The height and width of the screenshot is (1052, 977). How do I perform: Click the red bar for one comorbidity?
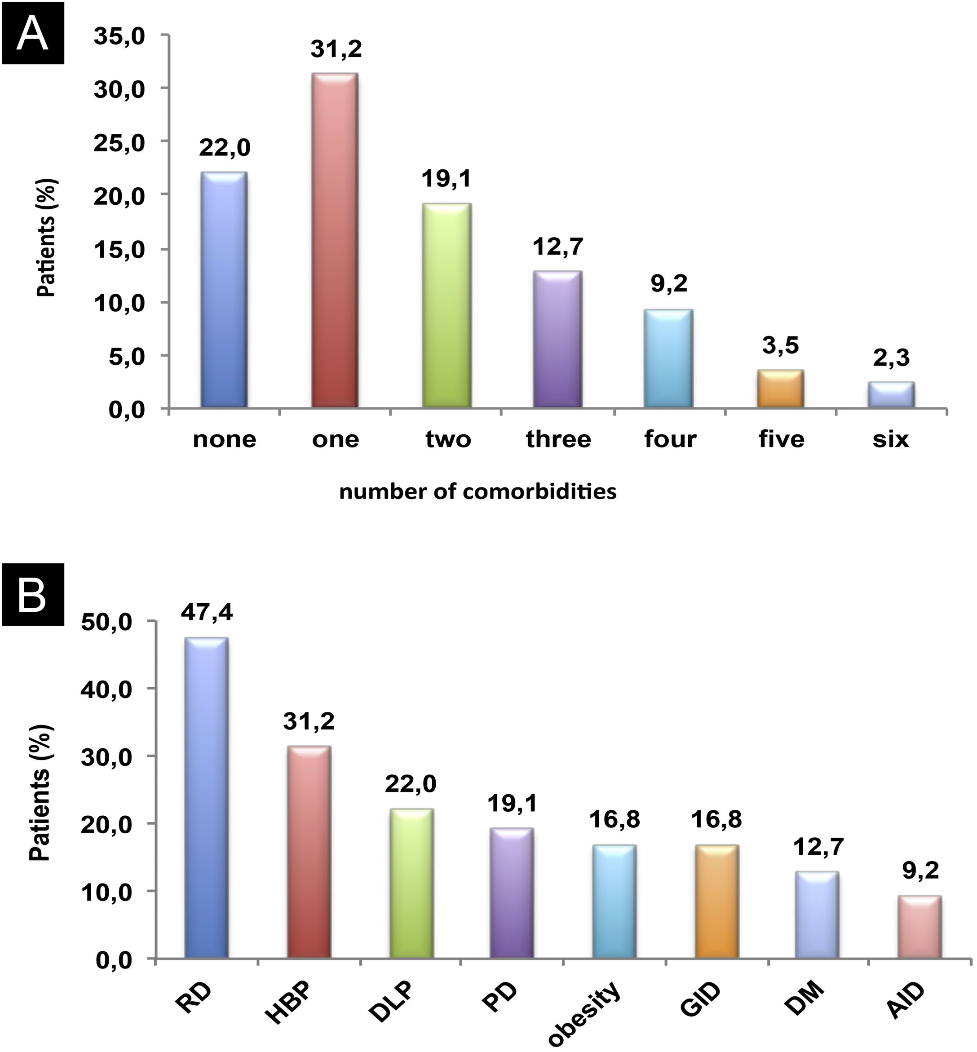pyautogui.click(x=335, y=240)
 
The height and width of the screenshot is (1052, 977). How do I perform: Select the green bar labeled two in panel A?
pyautogui.click(x=447, y=305)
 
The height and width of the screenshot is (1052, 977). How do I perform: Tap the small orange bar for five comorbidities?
pyautogui.click(x=780, y=389)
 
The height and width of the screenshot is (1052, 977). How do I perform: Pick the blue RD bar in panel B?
pyautogui.click(x=206, y=798)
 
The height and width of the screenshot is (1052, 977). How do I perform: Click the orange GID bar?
pyautogui.click(x=717, y=902)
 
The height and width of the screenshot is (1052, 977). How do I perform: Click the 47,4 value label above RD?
pyautogui.click(x=207, y=613)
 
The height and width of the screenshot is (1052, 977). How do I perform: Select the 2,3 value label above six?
pyautogui.click(x=891, y=358)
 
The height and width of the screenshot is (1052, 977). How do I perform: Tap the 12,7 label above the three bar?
pyautogui.click(x=558, y=247)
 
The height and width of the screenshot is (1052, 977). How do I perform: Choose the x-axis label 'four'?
pyautogui.click(x=670, y=439)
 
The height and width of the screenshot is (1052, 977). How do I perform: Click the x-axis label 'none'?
pyautogui.click(x=225, y=439)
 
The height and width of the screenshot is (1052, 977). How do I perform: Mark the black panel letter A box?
pyautogui.click(x=33, y=33)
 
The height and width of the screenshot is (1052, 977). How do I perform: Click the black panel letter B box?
pyautogui.click(x=33, y=595)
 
